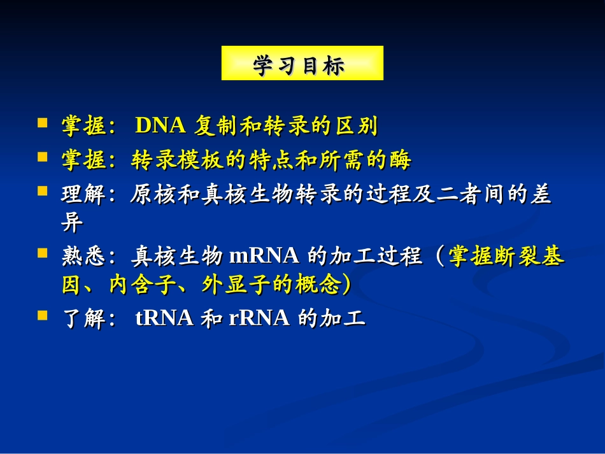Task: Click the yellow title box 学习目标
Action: (x=302, y=63)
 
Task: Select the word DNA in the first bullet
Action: (x=160, y=125)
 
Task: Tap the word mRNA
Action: (x=264, y=255)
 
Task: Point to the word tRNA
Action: (x=164, y=318)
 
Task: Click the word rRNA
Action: (x=259, y=318)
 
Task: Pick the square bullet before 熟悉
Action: (x=43, y=253)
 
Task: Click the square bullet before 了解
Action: (x=43, y=316)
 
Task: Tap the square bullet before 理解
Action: (x=43, y=191)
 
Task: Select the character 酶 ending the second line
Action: (x=400, y=159)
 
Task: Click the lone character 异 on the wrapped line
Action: (x=72, y=222)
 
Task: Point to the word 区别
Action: (x=356, y=125)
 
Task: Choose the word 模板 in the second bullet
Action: (x=201, y=159)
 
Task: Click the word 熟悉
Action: (x=83, y=256)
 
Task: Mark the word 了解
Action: (x=83, y=318)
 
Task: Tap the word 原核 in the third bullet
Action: (x=153, y=194)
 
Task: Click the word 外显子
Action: (x=236, y=285)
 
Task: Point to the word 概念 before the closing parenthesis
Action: (x=318, y=285)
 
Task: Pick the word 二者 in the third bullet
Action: (x=459, y=194)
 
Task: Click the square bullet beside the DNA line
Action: (x=43, y=123)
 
